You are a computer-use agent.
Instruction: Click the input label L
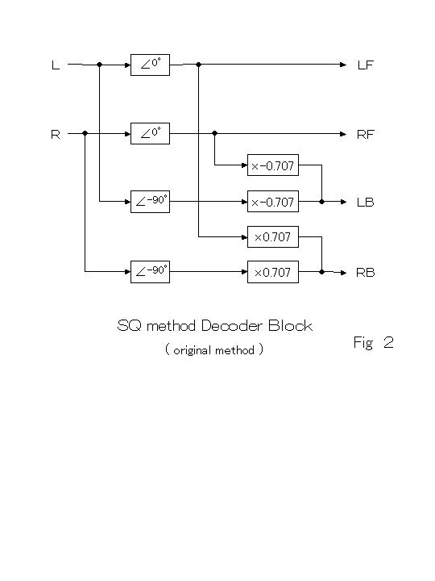(56, 65)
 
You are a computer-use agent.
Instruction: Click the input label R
(56, 134)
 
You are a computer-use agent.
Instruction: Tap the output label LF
(366, 65)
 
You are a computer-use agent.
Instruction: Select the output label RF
(366, 134)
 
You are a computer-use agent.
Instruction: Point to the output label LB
(366, 203)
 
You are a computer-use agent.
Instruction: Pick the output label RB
(366, 273)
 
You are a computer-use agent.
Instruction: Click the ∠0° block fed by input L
(150, 65)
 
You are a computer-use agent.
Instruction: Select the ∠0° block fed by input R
(150, 133)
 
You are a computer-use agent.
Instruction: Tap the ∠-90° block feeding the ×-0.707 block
(150, 202)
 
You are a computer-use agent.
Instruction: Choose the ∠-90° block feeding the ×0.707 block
(150, 272)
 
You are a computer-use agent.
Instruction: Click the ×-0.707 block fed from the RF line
(273, 165)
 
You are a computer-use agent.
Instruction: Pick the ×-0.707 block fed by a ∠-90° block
(273, 202)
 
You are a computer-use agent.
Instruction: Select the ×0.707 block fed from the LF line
(273, 236)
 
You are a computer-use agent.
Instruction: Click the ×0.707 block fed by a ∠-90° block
(273, 272)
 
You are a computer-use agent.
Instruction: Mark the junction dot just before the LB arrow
(321, 202)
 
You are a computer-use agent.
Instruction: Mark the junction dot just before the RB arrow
(321, 272)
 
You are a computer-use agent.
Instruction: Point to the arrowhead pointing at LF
(343, 65)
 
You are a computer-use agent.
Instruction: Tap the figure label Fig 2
(373, 343)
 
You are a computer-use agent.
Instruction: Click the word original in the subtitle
(193, 350)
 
